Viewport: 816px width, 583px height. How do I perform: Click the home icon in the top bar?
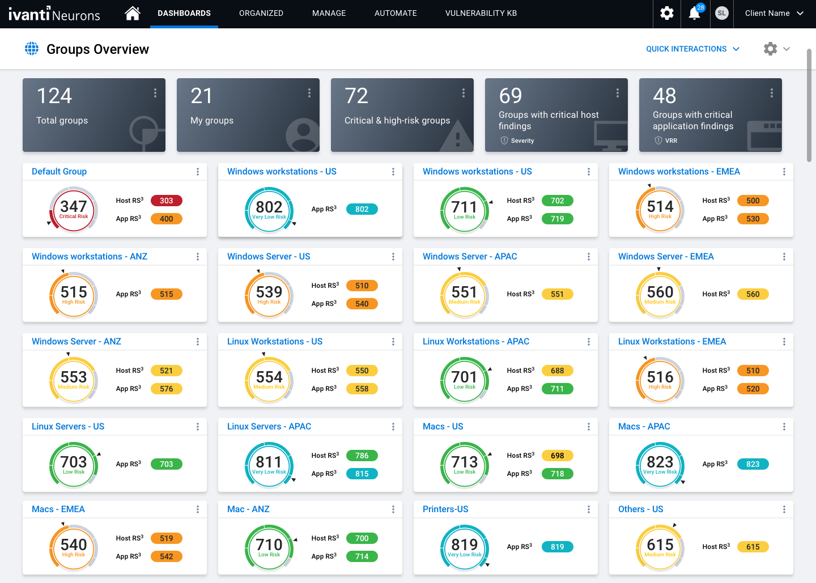[x=133, y=13]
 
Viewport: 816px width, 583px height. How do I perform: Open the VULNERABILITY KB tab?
[x=481, y=13]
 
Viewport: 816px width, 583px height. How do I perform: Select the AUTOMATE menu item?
[x=396, y=13]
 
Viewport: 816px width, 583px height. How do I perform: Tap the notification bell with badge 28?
[x=694, y=14]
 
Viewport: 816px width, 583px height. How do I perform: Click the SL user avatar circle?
[x=721, y=13]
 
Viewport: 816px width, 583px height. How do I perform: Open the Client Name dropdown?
[x=773, y=13]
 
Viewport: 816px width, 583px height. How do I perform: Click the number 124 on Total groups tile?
[x=54, y=96]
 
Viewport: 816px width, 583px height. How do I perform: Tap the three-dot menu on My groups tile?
[x=309, y=93]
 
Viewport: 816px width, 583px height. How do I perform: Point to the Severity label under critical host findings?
[x=522, y=141]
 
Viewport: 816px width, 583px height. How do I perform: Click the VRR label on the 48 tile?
[x=671, y=141]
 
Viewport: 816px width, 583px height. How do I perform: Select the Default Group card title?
[x=59, y=172]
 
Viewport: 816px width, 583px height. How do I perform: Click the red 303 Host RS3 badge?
[x=166, y=201]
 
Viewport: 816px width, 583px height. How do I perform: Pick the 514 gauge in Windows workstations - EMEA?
[x=660, y=209]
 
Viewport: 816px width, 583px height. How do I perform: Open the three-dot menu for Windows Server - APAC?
[x=589, y=257]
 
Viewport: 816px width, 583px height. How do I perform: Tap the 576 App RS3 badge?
[x=166, y=389]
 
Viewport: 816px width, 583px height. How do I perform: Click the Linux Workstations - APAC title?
[x=476, y=342]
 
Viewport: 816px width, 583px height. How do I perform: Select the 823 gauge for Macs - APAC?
[x=660, y=464]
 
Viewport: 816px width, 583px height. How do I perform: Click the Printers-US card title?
[x=445, y=509]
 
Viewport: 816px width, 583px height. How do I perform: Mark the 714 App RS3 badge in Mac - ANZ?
[x=362, y=556]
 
